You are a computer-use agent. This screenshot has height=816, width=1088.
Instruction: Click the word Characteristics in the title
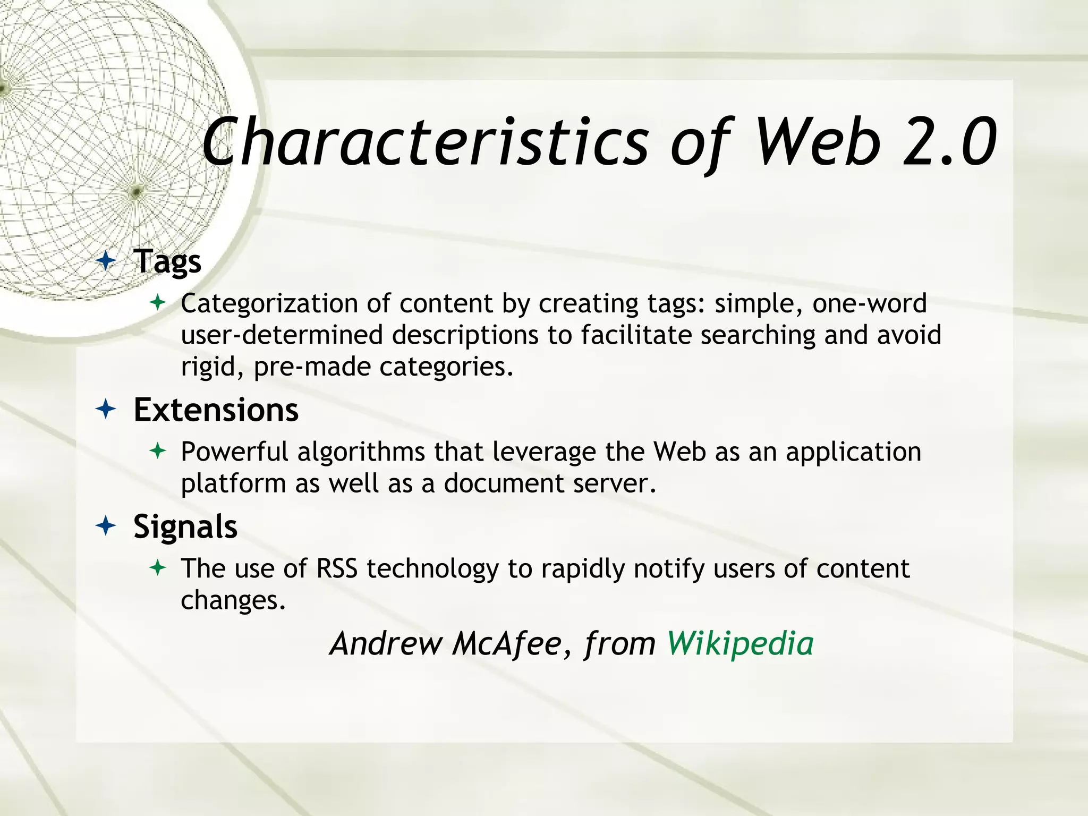tap(425, 142)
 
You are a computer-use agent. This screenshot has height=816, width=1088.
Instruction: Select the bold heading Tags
tap(167, 261)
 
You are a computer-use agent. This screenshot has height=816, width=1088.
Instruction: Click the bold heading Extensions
tap(216, 410)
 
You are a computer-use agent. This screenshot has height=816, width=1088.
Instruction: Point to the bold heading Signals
tap(185, 526)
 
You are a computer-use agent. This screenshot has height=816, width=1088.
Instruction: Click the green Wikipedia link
tap(740, 643)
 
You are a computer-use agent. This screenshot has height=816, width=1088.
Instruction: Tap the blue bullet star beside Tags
tap(106, 261)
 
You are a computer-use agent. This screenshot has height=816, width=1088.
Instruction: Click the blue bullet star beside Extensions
tap(106, 410)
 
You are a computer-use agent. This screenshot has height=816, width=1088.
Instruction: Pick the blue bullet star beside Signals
tap(106, 526)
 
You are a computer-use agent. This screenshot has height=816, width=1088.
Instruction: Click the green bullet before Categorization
tap(158, 303)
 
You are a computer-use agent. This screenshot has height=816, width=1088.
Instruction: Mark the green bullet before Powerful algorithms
tap(158, 452)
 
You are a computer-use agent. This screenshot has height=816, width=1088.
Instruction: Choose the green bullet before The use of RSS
tap(158, 568)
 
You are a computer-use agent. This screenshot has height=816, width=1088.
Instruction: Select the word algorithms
tap(361, 453)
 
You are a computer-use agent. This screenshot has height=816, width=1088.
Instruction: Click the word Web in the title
tap(817, 142)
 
